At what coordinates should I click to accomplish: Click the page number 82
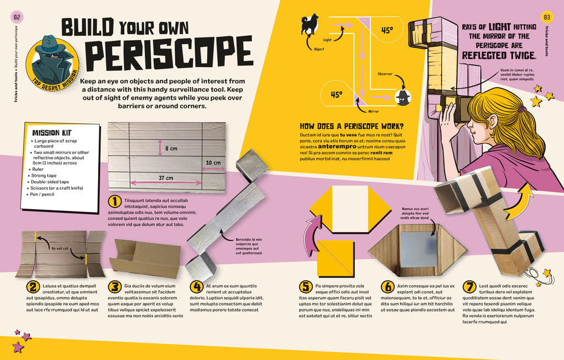pos(17,17)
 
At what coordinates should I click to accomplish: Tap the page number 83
pos(547,17)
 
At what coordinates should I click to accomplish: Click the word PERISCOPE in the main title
pos(169,54)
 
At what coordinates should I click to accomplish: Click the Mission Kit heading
pos(52,133)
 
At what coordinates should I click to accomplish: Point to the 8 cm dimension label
pos(171,149)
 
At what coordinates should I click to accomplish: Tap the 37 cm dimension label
pos(166,178)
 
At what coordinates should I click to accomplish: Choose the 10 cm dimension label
pos(213,163)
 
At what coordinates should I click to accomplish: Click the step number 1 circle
pos(115,201)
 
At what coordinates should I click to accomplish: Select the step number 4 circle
pos(197,287)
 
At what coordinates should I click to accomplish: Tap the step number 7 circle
pos(469,287)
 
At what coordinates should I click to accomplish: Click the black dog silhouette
pos(310,24)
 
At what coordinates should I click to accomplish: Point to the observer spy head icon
pos(403,97)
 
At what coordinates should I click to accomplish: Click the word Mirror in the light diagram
pos(373,112)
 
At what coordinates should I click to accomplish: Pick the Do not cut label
pos(59,248)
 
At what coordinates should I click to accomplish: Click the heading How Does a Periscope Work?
pos(352,126)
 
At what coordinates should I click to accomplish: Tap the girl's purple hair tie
pos(522,108)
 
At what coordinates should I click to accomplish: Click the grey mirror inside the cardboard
pos(418,249)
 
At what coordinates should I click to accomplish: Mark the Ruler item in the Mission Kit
pos(37,169)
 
